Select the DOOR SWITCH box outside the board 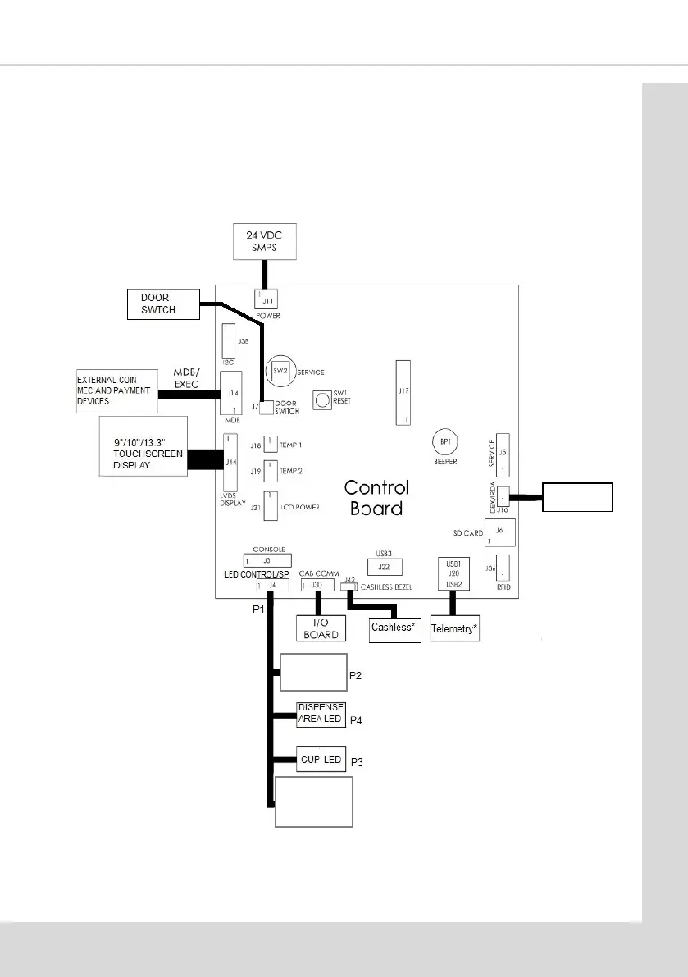coord(163,303)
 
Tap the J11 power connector coord(267,299)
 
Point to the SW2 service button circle coord(279,371)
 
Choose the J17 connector coord(403,392)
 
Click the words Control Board coord(376,497)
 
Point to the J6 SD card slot coord(499,532)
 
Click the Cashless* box coord(395,628)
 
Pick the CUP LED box coord(321,760)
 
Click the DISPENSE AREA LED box coord(321,714)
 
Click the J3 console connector coord(267,559)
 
